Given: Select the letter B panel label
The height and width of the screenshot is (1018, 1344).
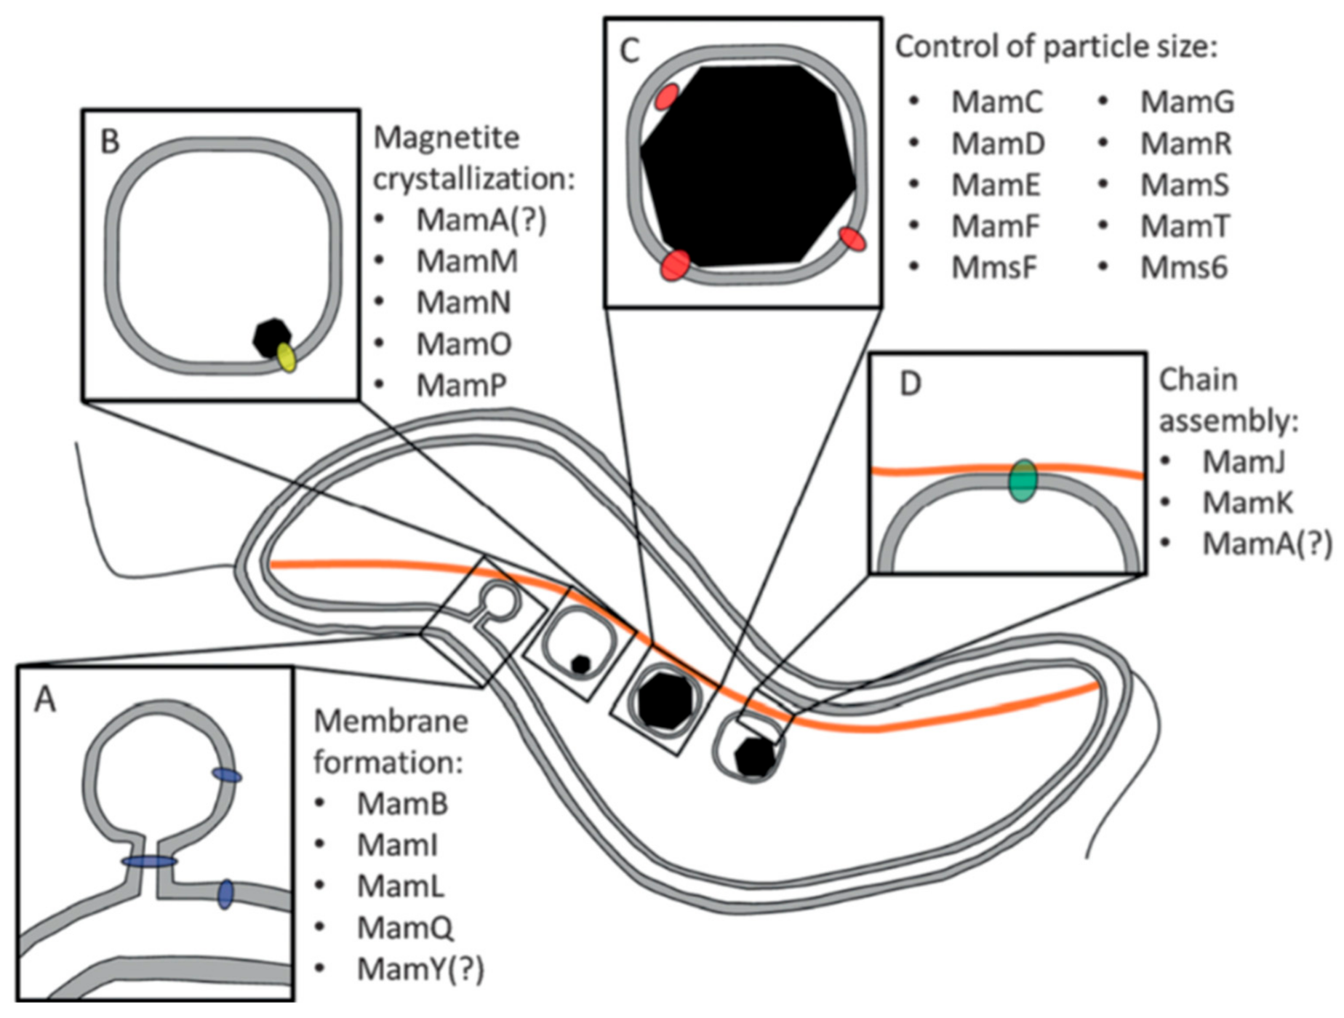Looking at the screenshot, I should (x=110, y=141).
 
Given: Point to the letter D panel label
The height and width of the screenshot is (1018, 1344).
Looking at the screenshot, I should (x=910, y=383).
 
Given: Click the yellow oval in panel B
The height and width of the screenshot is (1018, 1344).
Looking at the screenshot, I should (x=286, y=357).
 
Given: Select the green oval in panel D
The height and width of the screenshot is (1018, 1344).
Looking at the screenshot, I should (x=1023, y=480).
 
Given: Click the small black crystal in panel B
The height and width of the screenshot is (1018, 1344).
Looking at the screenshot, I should (x=271, y=337).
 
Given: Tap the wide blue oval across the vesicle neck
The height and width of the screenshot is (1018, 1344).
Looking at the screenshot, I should (x=149, y=862).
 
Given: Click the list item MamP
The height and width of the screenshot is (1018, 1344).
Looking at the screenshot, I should (x=460, y=385).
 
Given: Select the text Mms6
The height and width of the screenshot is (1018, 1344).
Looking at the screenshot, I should (x=1183, y=268).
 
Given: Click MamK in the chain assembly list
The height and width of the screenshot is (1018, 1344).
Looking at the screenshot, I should (x=1247, y=502).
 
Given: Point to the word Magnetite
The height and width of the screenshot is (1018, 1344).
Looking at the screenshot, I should (x=446, y=137).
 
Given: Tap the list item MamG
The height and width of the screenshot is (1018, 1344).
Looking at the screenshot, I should (x=1187, y=102).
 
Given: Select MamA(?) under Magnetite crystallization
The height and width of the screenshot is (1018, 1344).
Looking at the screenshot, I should (x=480, y=219).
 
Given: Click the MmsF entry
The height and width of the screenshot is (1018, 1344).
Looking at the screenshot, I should (x=993, y=268).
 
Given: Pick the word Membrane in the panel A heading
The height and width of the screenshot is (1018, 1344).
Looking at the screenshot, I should (x=391, y=721).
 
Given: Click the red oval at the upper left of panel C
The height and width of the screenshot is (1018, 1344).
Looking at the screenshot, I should (x=666, y=97).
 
